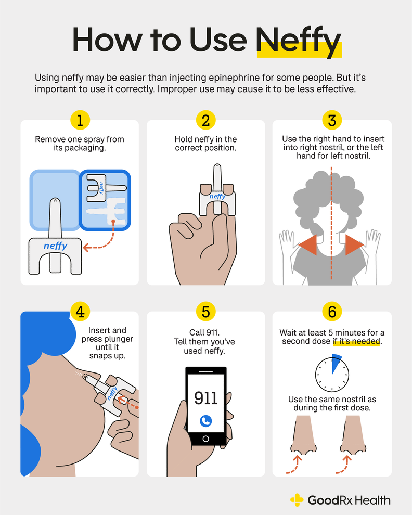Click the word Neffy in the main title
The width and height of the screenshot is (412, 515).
click(299, 41)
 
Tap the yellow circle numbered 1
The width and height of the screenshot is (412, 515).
click(80, 120)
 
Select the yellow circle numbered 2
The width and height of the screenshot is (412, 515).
click(206, 120)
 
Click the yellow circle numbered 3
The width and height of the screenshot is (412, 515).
click(332, 120)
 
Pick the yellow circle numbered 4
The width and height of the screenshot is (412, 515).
click(80, 312)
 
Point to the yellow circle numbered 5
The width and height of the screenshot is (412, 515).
click(206, 312)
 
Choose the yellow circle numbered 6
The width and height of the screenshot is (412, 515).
click(332, 312)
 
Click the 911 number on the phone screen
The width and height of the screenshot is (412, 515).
click(206, 398)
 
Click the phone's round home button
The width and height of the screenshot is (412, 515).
click(206, 439)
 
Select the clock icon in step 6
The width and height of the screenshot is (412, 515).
click(332, 372)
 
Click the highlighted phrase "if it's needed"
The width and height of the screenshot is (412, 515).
click(357, 341)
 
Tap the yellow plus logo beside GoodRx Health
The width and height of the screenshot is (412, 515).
click(297, 500)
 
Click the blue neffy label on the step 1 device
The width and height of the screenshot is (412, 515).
click(55, 245)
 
